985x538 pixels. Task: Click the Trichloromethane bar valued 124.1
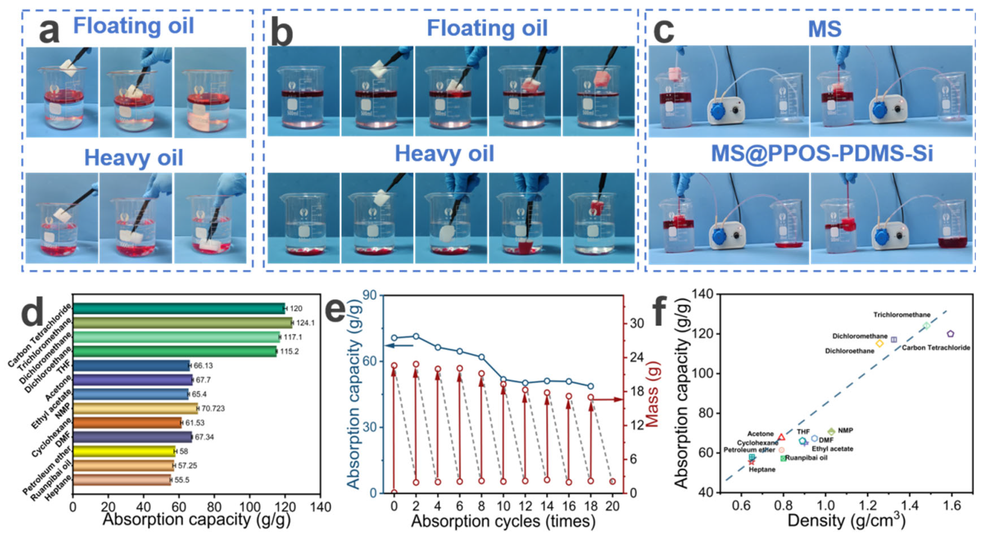pos(182,323)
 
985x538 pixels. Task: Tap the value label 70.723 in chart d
pos(213,408)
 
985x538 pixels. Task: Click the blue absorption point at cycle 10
pos(503,379)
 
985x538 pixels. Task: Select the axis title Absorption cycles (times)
pos(503,521)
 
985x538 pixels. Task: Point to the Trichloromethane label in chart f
pos(901,315)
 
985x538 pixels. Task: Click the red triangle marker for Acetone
pos(781,437)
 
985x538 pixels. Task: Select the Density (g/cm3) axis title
pos(846,521)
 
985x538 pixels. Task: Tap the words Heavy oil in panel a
pos(133,157)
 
